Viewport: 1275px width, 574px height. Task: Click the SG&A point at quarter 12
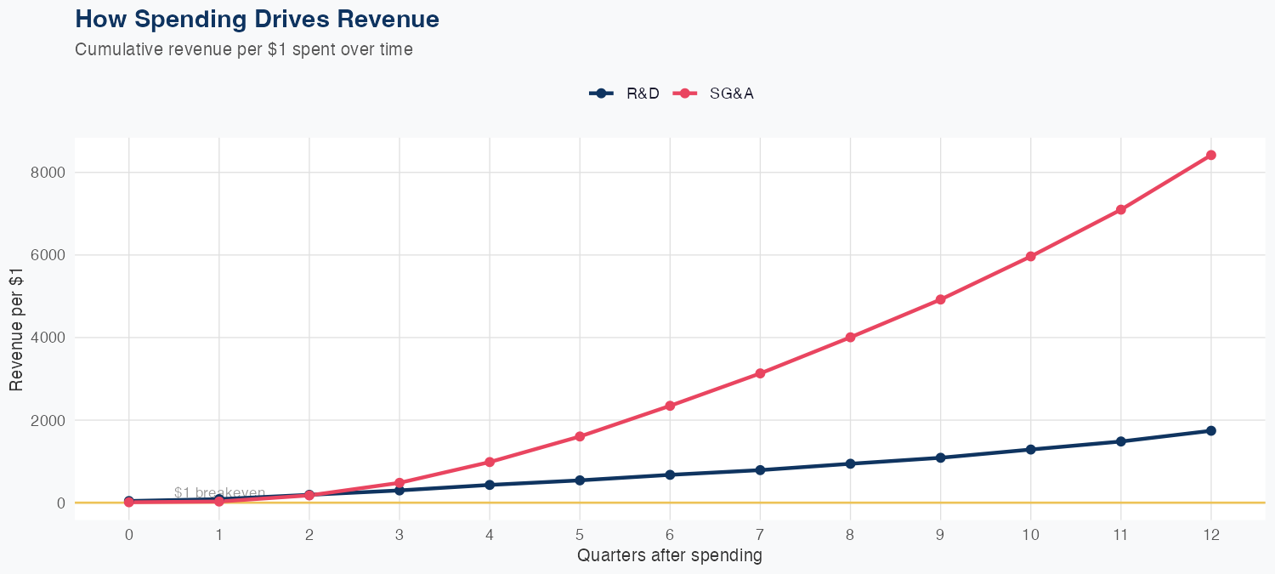(x=1210, y=155)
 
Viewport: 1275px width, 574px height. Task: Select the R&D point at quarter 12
(x=1210, y=430)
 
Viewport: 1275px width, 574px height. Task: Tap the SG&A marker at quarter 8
(x=850, y=338)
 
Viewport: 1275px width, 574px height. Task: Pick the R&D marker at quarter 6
(x=670, y=475)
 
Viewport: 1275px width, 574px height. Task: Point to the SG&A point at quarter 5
(x=580, y=436)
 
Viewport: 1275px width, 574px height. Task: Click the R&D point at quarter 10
(x=1030, y=449)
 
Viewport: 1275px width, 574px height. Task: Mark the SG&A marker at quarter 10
(x=1030, y=256)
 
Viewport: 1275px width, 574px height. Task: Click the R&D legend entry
(x=625, y=94)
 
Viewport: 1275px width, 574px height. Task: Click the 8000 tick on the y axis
(x=50, y=173)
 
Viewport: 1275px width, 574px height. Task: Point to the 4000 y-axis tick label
(x=50, y=338)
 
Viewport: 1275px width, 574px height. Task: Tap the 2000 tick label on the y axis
(x=50, y=420)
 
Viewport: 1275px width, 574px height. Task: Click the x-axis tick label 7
(x=760, y=535)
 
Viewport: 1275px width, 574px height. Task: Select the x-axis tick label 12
(x=1210, y=535)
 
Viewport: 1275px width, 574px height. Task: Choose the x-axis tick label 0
(x=129, y=535)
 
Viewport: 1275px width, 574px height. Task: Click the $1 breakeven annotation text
(x=219, y=492)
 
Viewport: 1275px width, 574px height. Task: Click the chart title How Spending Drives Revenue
(x=257, y=19)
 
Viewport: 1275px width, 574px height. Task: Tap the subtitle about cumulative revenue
(x=244, y=49)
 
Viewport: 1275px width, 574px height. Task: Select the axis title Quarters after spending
(x=670, y=555)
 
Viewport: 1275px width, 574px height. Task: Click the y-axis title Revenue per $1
(x=16, y=328)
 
